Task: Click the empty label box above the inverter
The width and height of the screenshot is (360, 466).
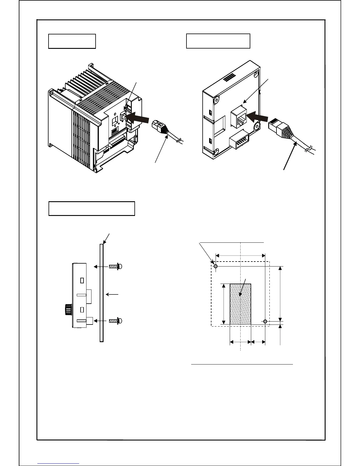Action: [x=72, y=41]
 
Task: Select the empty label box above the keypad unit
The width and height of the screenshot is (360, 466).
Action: [x=218, y=41]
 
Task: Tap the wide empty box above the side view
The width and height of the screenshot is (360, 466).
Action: [x=91, y=209]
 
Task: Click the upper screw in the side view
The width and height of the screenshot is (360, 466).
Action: [x=115, y=267]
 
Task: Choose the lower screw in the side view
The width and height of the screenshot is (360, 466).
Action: [x=115, y=321]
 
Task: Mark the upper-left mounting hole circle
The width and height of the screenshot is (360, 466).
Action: [x=216, y=267]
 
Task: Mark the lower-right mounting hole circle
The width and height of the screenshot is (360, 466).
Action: [x=265, y=321]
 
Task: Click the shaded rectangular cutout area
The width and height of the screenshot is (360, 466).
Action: [x=240, y=304]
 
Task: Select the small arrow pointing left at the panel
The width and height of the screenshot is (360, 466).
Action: [x=112, y=294]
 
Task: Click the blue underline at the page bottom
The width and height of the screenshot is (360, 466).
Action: [x=58, y=463]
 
